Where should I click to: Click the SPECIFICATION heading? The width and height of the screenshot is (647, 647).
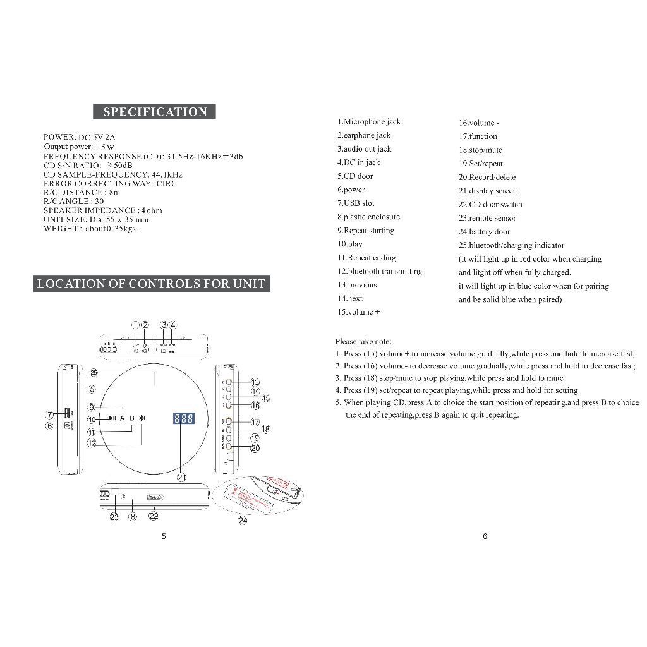[155, 112]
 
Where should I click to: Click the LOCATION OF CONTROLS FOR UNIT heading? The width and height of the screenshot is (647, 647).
[152, 284]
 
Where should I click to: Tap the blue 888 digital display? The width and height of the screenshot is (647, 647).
[183, 419]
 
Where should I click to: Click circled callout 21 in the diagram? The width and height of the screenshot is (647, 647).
[182, 478]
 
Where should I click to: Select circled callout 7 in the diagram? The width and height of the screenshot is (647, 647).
[50, 414]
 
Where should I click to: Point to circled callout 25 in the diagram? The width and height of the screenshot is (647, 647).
[94, 372]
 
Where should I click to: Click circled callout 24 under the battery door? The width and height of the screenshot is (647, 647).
[243, 521]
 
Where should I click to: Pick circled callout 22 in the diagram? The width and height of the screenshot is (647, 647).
[154, 516]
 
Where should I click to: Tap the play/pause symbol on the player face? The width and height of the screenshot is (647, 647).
[111, 418]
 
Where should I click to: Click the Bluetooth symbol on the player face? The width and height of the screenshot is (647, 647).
[142, 418]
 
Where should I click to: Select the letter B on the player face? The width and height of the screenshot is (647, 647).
[132, 418]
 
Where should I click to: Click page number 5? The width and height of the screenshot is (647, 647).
[164, 536]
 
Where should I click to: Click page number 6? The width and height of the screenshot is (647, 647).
[485, 536]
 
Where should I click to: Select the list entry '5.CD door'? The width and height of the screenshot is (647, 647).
[355, 176]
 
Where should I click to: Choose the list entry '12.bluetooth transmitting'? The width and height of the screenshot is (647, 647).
[380, 272]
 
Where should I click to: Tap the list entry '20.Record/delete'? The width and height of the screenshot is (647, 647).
[487, 178]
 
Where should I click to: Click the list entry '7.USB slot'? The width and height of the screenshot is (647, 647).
[356, 203]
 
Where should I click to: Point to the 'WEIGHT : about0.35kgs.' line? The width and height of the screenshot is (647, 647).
[90, 229]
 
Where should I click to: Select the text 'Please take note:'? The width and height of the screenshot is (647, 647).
[363, 342]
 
